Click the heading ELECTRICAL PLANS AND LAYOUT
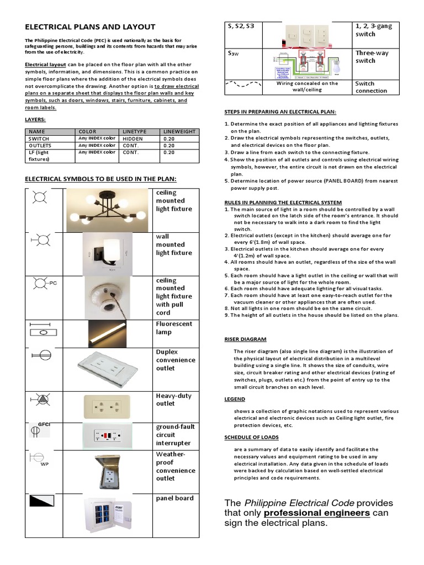click(x=90, y=26)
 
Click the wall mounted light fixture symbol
click(x=40, y=239)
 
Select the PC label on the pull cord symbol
click(x=53, y=283)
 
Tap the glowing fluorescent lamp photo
click(x=108, y=332)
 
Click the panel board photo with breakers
click(x=108, y=515)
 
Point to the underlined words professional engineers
click(x=316, y=513)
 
